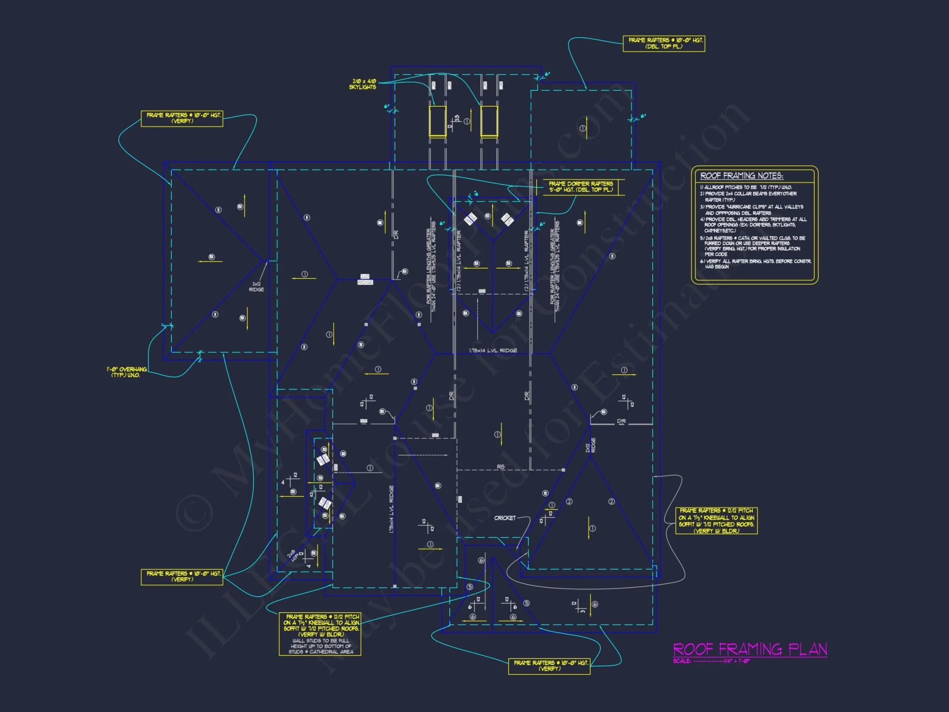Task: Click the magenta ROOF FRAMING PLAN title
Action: tap(750, 649)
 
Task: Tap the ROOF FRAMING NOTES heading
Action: tap(741, 176)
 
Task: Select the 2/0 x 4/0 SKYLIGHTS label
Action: tap(363, 84)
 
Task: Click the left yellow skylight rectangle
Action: tap(437, 121)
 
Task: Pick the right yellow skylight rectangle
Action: tap(489, 121)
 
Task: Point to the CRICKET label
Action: tap(504, 518)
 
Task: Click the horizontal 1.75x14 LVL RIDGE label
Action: tap(493, 351)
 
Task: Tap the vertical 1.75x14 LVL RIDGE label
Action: tap(391, 509)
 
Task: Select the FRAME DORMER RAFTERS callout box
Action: tap(580, 187)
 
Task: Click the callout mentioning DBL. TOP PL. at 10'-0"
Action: tap(663, 43)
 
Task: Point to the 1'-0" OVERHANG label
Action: tap(127, 372)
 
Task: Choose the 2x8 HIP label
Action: tap(292, 556)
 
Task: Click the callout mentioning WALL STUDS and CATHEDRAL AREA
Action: tap(320, 634)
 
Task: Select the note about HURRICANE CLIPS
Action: tap(754, 210)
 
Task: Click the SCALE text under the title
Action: tap(711, 661)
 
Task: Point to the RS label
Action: tap(501, 467)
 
